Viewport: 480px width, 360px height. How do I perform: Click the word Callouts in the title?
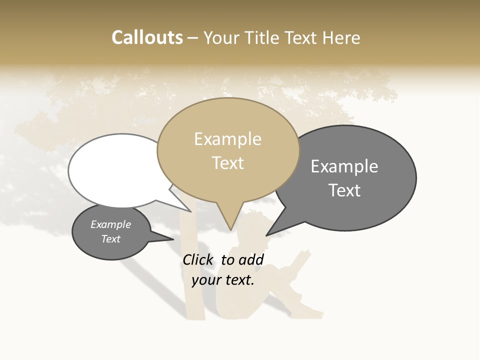tap(147, 38)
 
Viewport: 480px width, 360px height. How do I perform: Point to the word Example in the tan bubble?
tap(227, 139)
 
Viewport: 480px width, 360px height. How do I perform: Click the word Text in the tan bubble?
tap(228, 163)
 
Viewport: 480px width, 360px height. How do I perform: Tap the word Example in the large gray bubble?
tap(344, 166)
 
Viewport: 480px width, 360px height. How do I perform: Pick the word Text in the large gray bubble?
tap(344, 190)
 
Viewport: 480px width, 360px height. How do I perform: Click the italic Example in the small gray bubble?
tap(110, 224)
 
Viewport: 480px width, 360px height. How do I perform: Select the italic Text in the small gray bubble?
tap(110, 239)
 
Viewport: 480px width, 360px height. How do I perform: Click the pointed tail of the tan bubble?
tap(229, 222)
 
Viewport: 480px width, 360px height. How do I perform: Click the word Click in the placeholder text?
tap(198, 259)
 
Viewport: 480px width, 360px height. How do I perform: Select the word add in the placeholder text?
tap(251, 259)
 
